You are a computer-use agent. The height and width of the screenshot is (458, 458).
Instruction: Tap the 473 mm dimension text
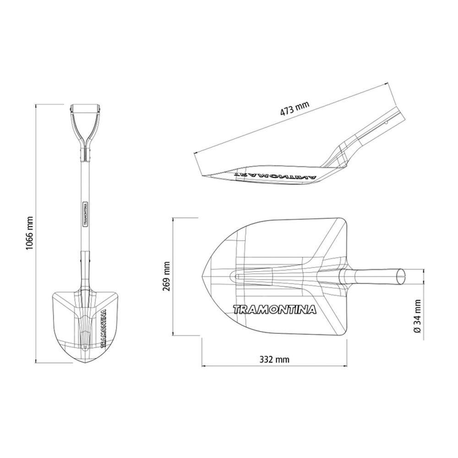(x=294, y=109)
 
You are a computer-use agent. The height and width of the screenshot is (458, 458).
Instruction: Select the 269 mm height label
(x=167, y=276)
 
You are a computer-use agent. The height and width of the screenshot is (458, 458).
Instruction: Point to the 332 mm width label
(x=274, y=359)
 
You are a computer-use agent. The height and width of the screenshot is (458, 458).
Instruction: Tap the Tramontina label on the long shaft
(x=86, y=214)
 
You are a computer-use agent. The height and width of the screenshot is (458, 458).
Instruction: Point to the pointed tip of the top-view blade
(x=202, y=276)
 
